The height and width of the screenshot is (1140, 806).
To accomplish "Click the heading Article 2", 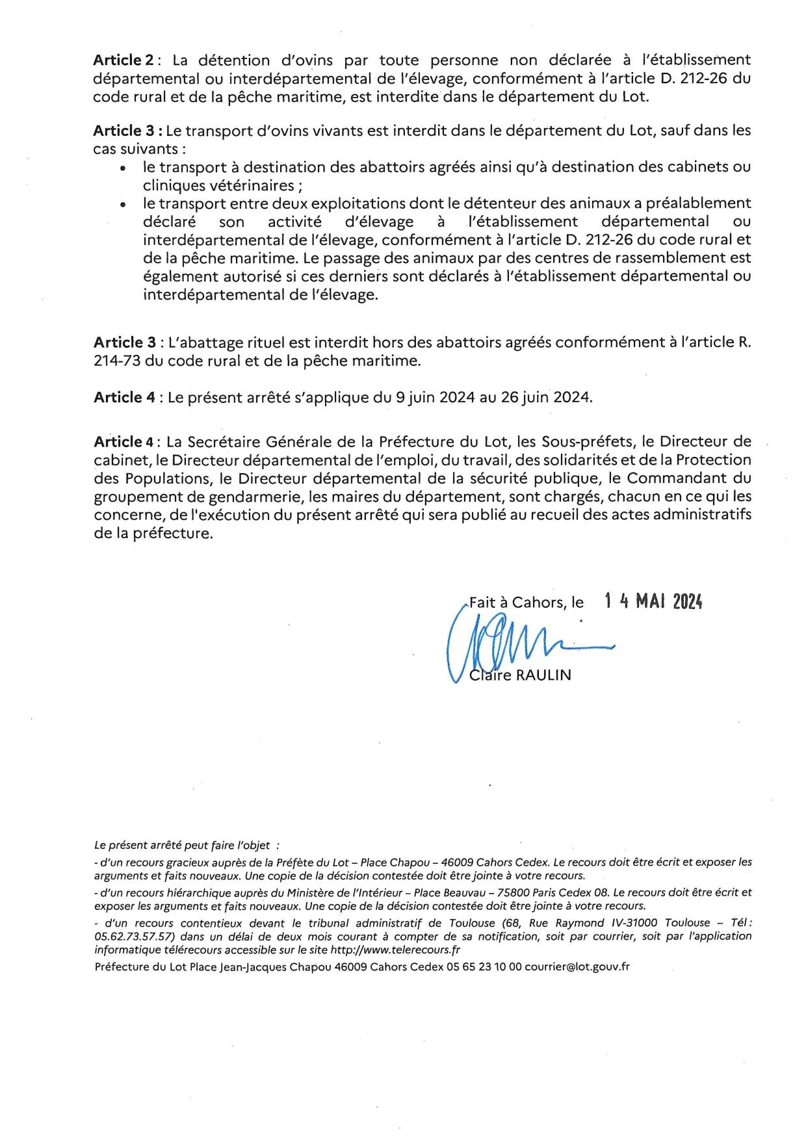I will pos(123,60).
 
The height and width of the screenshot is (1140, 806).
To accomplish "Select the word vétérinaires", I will pos(251,185).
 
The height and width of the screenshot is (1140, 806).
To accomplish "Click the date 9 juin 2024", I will pos(435,397).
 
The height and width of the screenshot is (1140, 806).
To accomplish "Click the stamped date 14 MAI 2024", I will pos(653,601).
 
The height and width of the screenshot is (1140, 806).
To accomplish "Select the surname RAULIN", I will pos(543,675).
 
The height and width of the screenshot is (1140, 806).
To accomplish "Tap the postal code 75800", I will pos(510,892).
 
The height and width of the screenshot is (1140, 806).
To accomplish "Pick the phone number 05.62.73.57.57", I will pos(135,937).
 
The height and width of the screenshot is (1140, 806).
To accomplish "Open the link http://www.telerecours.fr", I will pos(396,950).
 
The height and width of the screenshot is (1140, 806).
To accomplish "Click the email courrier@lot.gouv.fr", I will pos(577,967).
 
